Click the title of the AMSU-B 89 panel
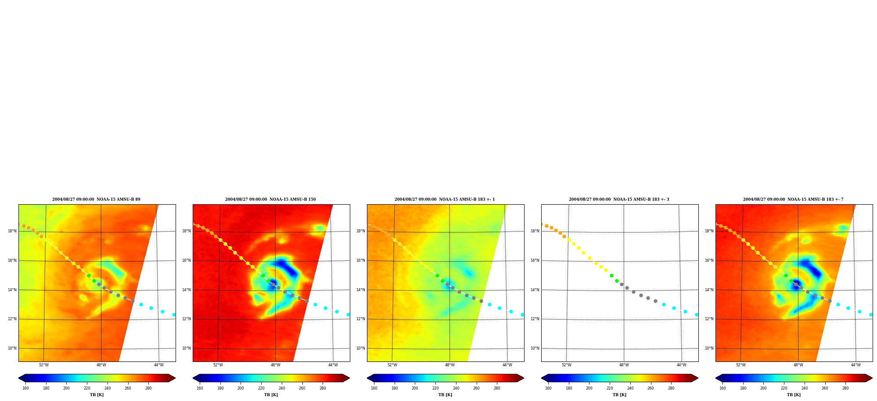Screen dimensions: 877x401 click(x=96, y=199)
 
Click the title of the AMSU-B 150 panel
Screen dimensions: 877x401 click(x=270, y=199)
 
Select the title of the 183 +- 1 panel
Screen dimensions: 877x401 click(x=445, y=199)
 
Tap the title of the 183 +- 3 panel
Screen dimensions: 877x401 click(x=619, y=199)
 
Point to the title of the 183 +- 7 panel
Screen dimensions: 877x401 click(x=793, y=199)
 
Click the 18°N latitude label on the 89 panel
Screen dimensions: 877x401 click(x=12, y=231)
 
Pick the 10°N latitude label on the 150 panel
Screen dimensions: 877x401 click(x=186, y=348)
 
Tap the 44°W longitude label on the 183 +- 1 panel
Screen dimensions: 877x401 click(x=507, y=365)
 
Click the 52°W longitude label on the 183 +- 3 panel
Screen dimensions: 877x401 click(x=566, y=365)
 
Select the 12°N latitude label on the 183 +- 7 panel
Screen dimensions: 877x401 click(x=709, y=319)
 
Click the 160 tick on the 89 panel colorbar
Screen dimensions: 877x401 click(x=25, y=388)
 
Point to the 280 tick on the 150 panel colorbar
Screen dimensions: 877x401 click(x=323, y=388)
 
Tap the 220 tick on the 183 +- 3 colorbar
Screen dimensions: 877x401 click(x=610, y=388)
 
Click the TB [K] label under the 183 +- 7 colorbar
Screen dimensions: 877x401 click(x=794, y=395)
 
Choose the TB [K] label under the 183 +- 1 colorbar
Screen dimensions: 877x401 click(x=445, y=395)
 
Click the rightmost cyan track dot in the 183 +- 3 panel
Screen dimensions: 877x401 click(x=697, y=314)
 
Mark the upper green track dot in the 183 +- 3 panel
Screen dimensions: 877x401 click(x=611, y=276)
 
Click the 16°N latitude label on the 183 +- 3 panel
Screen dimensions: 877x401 click(x=535, y=260)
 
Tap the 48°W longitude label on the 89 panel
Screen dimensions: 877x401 click(x=101, y=365)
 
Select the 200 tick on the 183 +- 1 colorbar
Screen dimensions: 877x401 click(x=415, y=388)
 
